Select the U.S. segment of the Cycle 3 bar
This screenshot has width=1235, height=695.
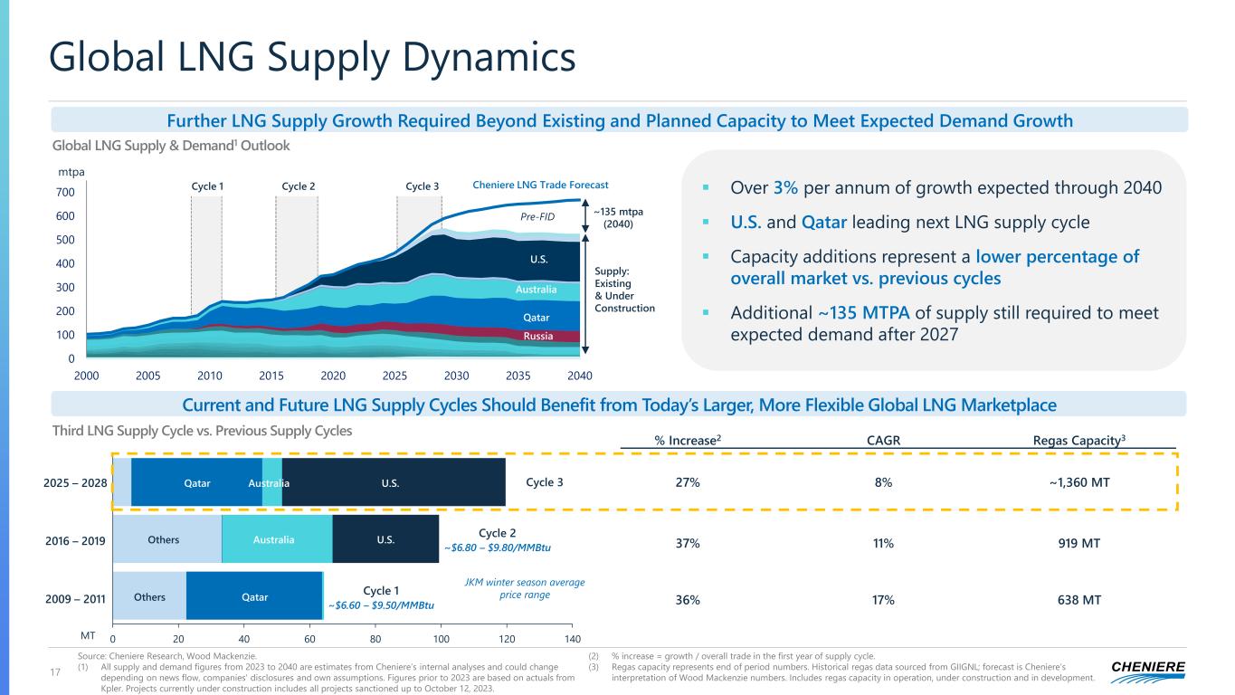[x=394, y=482]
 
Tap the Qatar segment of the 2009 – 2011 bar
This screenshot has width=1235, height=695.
[x=254, y=597]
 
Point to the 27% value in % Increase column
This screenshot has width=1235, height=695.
[x=688, y=482]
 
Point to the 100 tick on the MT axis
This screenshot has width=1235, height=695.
[x=442, y=636]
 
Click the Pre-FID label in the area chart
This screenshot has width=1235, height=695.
[x=537, y=217]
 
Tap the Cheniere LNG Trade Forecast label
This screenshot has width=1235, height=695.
[x=541, y=186]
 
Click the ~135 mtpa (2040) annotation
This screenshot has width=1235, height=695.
[x=619, y=217]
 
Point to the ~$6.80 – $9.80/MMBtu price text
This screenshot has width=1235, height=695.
[x=497, y=547]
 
